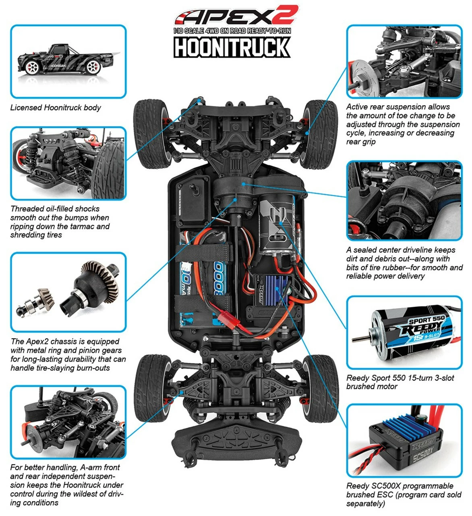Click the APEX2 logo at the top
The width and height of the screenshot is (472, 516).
[x=236, y=16]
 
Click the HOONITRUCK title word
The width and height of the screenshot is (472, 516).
[x=232, y=47]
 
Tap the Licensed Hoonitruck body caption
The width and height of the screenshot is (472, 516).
[x=56, y=108]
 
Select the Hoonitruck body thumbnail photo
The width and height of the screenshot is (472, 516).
[x=68, y=61]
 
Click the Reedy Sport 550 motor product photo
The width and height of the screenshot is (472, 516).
[x=404, y=333]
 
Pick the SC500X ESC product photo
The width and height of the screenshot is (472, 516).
[x=404, y=441]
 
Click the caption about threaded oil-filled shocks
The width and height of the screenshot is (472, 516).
[x=60, y=222]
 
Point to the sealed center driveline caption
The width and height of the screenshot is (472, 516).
[x=404, y=263]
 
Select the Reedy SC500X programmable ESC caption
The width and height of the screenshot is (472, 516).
[x=404, y=495]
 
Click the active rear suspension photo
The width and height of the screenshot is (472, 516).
[x=404, y=61]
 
